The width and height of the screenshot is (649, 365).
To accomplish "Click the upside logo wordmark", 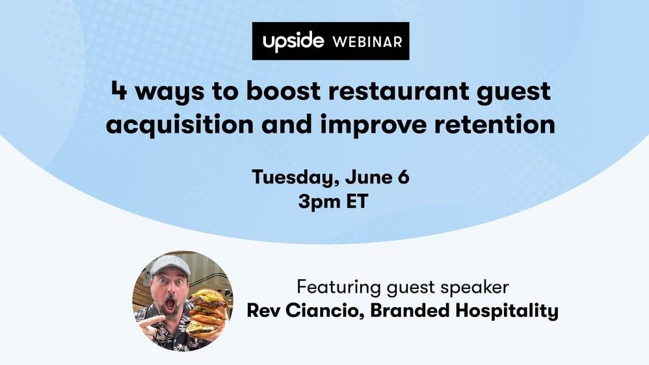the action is pyautogui.click(x=293, y=42).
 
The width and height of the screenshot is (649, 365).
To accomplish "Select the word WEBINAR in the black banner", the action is pyautogui.click(x=367, y=42).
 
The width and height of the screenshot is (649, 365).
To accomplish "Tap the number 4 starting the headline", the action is pyautogui.click(x=119, y=90).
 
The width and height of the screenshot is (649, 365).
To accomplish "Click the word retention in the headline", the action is pyautogui.click(x=495, y=124).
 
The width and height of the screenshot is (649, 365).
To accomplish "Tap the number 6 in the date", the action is pyautogui.click(x=403, y=177).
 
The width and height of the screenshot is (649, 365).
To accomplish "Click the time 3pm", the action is pyautogui.click(x=318, y=202).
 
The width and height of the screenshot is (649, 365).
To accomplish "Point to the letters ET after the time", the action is pyautogui.click(x=356, y=201).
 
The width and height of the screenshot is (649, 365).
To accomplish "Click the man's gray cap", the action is pyautogui.click(x=170, y=265).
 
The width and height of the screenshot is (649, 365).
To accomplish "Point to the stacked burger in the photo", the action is pyautogui.click(x=207, y=313).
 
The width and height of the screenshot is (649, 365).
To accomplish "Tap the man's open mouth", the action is pyautogui.click(x=170, y=304).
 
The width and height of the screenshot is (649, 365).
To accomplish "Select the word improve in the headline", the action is pyautogui.click(x=373, y=125).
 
